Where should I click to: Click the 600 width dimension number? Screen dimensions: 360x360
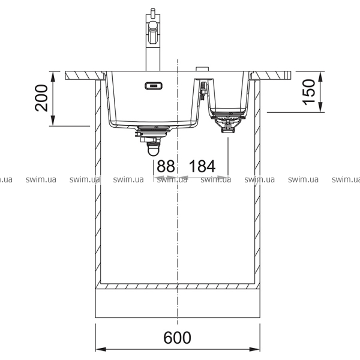[x=177, y=337]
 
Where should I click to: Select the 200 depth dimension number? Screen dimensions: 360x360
[x=41, y=98]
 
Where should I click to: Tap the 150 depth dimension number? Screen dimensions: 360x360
[x=308, y=92]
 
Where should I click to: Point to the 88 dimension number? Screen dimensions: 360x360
[x=166, y=166]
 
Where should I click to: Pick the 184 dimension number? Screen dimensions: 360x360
[x=202, y=166]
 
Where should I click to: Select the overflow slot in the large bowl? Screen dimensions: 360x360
[x=154, y=86]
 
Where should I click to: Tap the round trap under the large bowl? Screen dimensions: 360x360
[x=154, y=149]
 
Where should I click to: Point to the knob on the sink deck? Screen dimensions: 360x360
[x=202, y=69]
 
